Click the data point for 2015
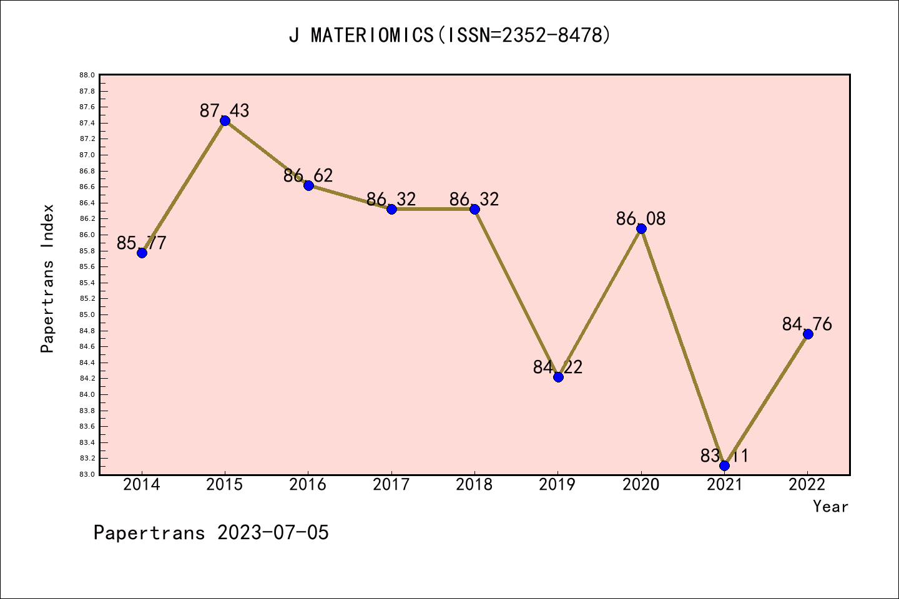point(225,120)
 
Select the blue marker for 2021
point(724,465)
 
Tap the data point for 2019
point(558,377)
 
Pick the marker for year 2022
point(808,334)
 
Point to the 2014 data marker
point(142,253)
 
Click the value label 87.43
point(225,111)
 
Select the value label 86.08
point(641,219)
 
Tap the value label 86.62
point(308,176)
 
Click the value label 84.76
point(807,324)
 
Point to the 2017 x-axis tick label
point(391,485)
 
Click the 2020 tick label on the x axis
point(641,485)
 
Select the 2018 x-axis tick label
point(474,485)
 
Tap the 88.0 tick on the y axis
point(87,75)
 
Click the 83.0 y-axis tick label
point(87,474)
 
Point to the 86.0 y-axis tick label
point(87,235)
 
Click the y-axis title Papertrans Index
point(47,278)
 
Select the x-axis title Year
point(831,507)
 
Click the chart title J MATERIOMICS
point(361,36)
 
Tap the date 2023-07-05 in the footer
point(273,533)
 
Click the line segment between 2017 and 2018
point(433,209)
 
